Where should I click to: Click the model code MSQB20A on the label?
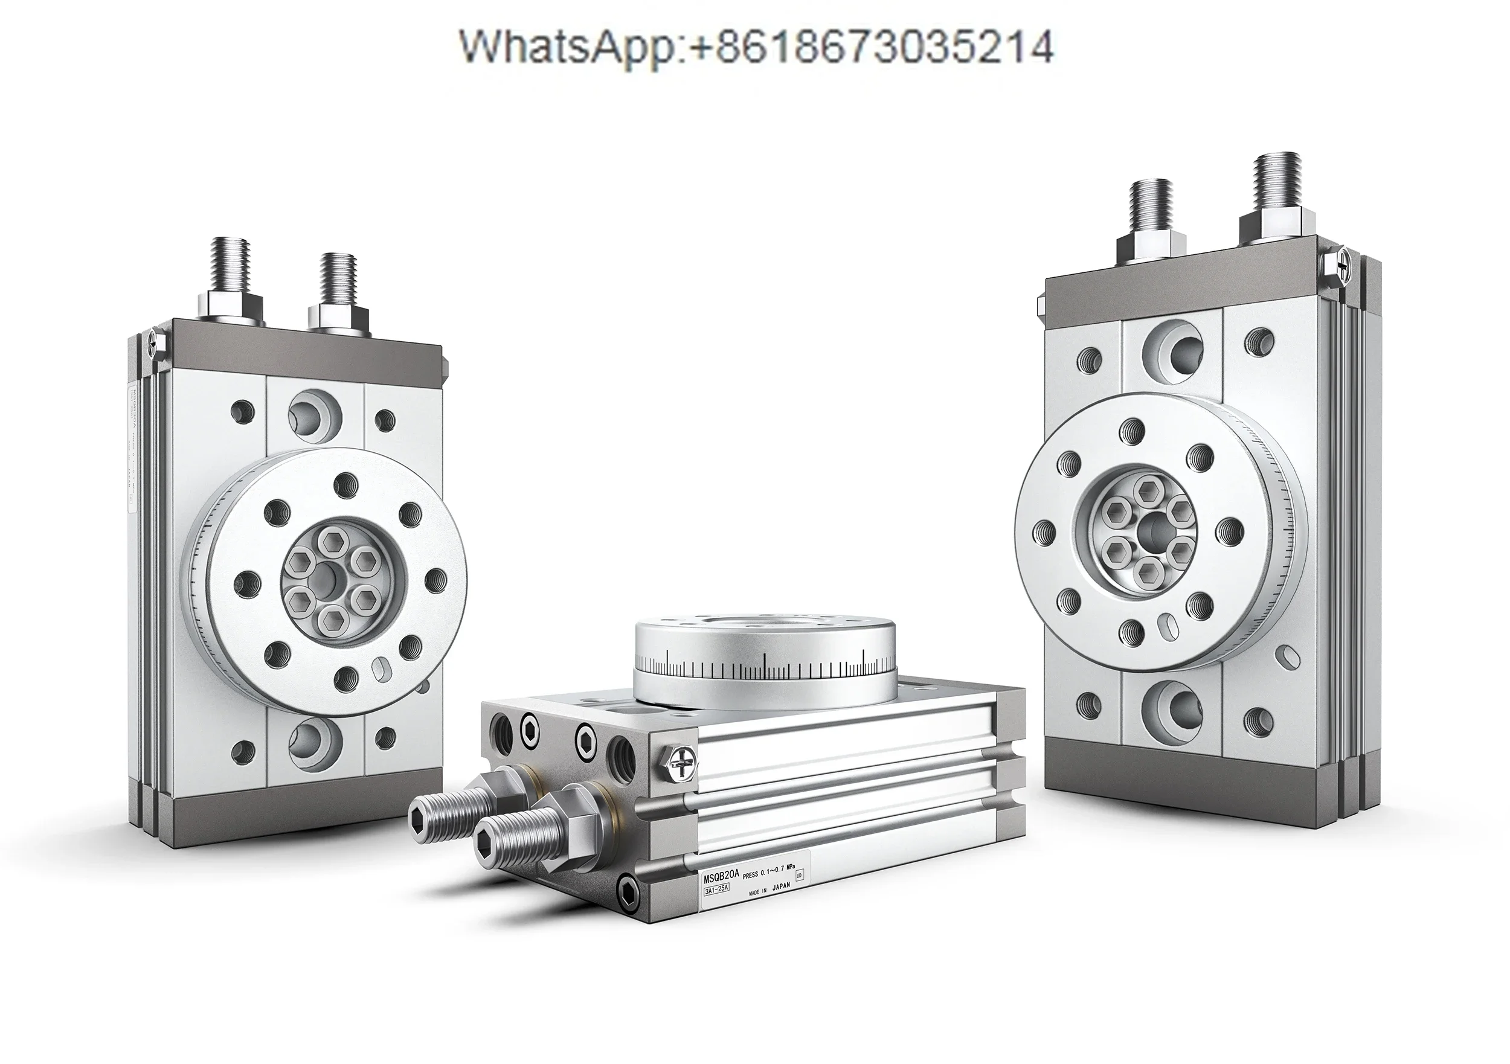721,878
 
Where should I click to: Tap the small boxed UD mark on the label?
799,875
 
